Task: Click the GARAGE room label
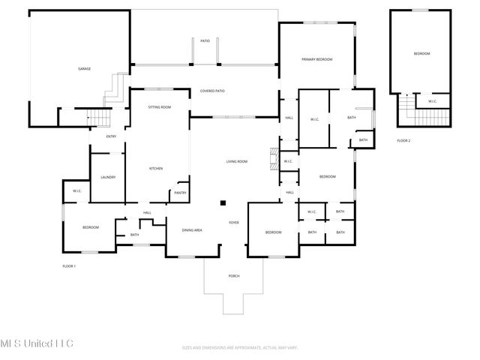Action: coord(85,69)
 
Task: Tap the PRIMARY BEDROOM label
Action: coord(316,59)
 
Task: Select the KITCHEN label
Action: coord(156,169)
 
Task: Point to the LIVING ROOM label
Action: coord(237,162)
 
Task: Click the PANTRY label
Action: coord(180,193)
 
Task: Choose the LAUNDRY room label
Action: coord(108,177)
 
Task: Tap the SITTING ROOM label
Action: coord(159,107)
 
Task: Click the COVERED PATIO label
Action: coord(212,91)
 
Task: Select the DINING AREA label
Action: coord(192,230)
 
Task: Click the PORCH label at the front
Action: coord(234,276)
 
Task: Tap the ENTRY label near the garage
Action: coord(111,136)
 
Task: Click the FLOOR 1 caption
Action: coord(69,266)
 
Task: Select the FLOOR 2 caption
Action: coord(403,141)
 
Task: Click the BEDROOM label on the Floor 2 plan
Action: coord(422,54)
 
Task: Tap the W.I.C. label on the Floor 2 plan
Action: coord(433,101)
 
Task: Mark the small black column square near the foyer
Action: coord(223,202)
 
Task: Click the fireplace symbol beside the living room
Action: coord(274,158)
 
